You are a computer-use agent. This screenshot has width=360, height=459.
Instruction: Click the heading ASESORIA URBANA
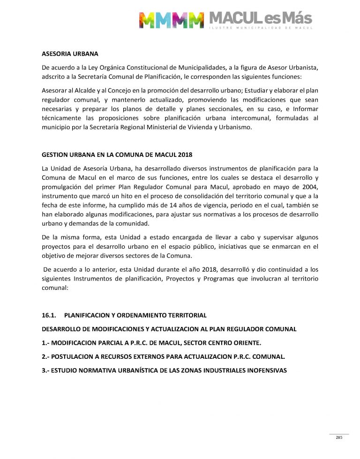70,54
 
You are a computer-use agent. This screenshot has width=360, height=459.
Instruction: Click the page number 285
339,437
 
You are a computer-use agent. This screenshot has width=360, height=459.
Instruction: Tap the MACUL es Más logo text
260,19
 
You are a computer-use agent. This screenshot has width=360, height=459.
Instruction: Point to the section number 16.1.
49,315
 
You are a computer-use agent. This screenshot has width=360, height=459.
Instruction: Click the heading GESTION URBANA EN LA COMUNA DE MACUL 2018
117,155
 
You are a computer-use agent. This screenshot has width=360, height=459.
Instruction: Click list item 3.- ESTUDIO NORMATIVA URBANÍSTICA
164,370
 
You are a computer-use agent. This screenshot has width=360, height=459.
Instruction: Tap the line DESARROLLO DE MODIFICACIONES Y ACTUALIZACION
169,329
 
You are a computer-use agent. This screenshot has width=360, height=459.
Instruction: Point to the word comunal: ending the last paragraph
55,289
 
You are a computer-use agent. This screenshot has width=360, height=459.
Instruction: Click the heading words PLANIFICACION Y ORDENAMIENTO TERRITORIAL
135,315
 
